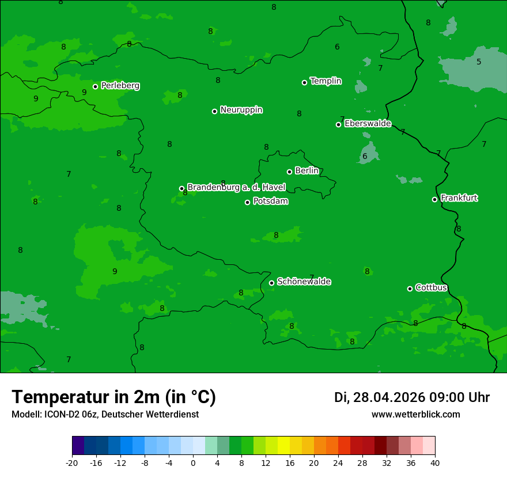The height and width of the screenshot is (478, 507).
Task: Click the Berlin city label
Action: click(x=307, y=170)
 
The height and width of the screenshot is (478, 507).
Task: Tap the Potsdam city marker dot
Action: click(x=248, y=202)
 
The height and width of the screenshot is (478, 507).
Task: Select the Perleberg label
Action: click(x=120, y=86)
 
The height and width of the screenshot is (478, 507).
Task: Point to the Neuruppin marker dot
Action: click(x=214, y=111)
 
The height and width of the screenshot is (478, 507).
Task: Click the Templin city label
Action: click(x=326, y=81)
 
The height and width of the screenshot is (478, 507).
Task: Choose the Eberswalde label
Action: click(x=368, y=124)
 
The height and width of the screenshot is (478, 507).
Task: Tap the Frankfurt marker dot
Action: click(x=434, y=199)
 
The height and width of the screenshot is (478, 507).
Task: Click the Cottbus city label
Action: click(x=431, y=287)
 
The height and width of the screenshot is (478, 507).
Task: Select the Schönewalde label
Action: click(x=304, y=282)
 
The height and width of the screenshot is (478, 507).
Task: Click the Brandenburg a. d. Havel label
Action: click(x=236, y=188)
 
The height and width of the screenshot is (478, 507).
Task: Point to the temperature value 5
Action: click(x=479, y=62)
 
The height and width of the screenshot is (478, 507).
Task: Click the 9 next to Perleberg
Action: click(x=84, y=92)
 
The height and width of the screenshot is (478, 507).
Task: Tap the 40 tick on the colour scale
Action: click(x=435, y=462)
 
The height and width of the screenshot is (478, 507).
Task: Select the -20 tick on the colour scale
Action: click(x=72, y=462)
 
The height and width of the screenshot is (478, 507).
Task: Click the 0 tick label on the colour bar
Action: click(x=193, y=462)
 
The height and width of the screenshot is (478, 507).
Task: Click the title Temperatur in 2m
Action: click(x=113, y=397)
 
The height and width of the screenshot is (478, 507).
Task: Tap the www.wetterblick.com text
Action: click(x=415, y=415)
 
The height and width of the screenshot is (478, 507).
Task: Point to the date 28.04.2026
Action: click(x=389, y=397)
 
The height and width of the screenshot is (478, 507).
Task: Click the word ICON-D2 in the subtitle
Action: click(x=59, y=415)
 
